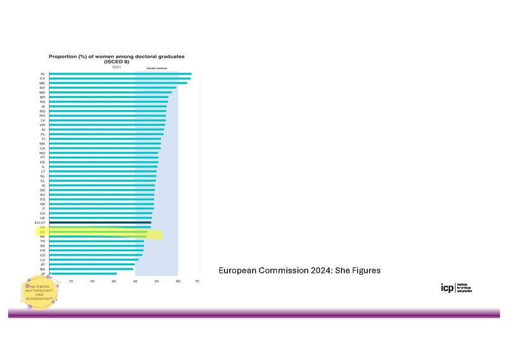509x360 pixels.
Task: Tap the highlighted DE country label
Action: [x=42, y=233]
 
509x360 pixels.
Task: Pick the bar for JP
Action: [x=83, y=274]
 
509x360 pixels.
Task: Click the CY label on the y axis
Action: [x=42, y=78]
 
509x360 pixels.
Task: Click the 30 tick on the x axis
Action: [x=113, y=281]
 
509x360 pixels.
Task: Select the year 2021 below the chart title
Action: [x=116, y=67]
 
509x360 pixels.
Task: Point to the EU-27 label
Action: [x=39, y=223]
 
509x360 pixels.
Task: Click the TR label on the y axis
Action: [x=42, y=241]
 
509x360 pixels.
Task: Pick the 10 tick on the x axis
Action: [x=71, y=281]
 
